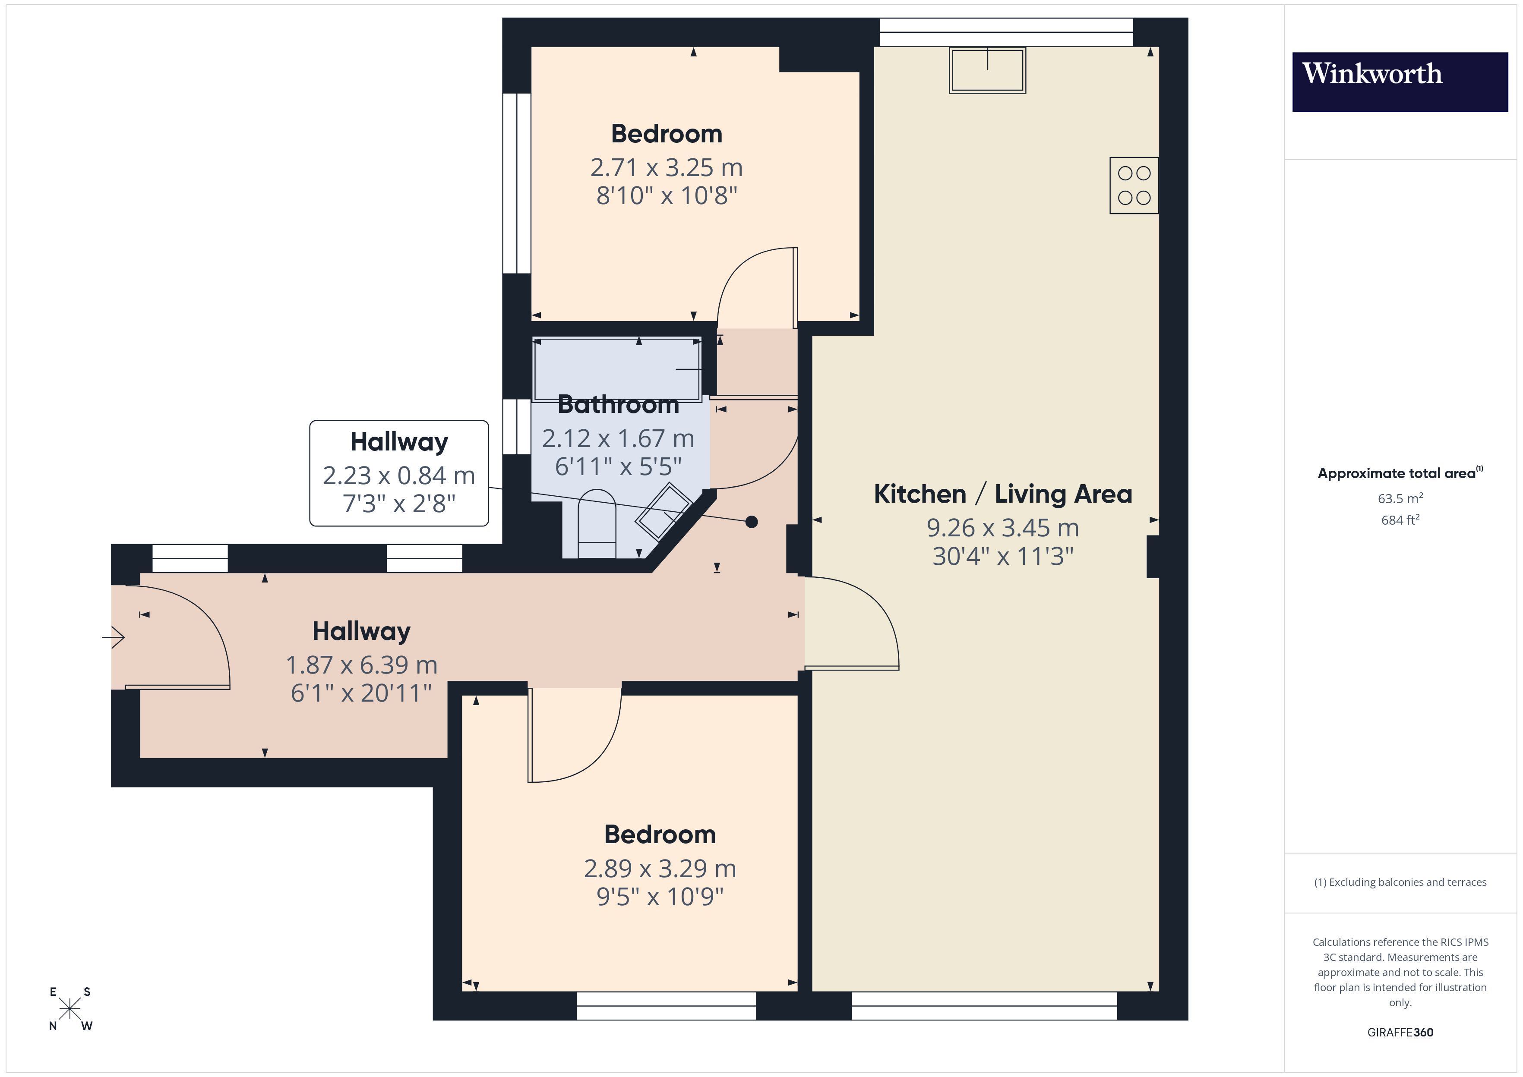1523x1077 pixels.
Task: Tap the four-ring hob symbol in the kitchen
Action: pos(1134,186)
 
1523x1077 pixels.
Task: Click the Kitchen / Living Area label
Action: pos(1002,494)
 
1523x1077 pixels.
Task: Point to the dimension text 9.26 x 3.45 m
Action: pos(1002,528)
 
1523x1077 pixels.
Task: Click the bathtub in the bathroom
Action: pos(617,369)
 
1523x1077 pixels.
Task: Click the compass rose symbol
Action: pos(70,1009)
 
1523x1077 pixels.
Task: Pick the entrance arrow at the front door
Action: pos(114,638)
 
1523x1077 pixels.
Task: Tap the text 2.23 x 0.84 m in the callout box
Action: pos(398,476)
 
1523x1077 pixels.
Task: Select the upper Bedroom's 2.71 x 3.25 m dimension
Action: pos(666,168)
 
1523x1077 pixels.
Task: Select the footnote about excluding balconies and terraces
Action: pos(1400,882)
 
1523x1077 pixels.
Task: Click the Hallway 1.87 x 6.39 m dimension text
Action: pos(361,664)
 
